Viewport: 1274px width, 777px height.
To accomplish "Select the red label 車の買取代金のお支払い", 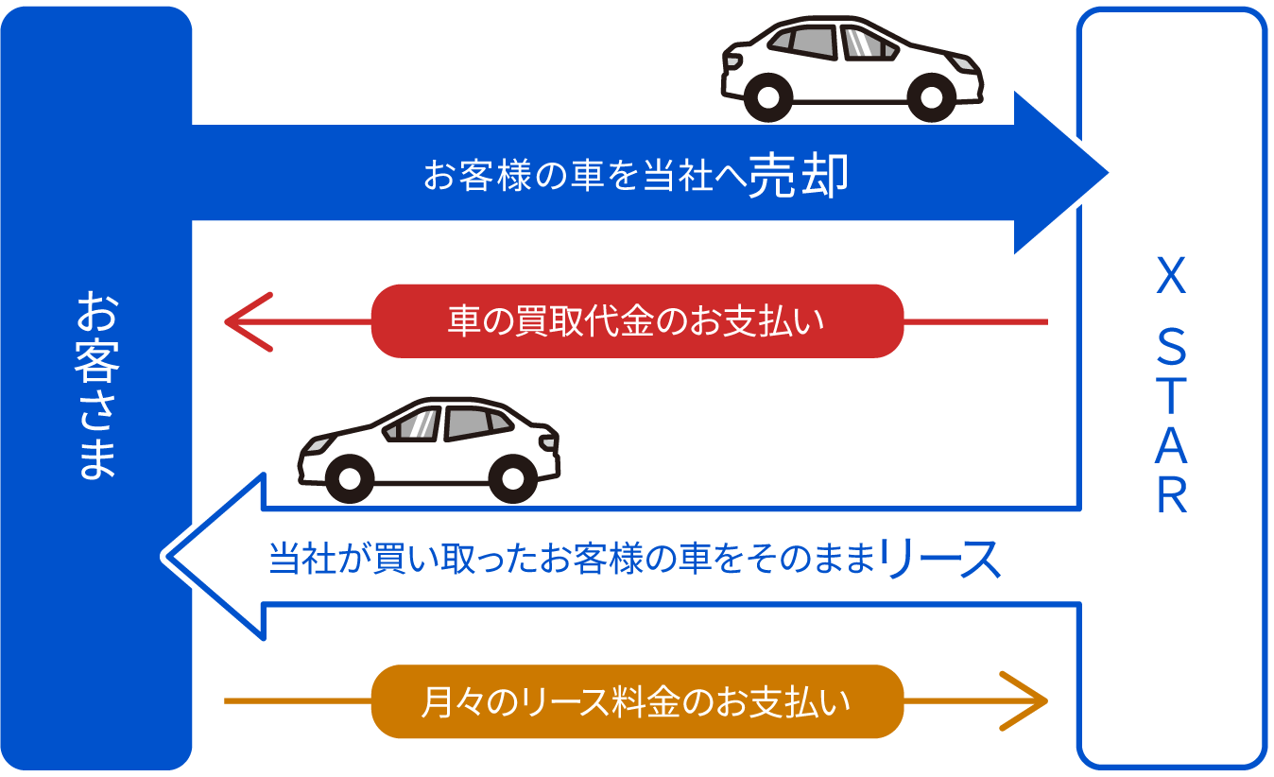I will (637, 321).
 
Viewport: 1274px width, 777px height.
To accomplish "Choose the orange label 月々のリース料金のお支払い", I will (637, 702).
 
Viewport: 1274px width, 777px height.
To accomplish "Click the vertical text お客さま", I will (96, 387).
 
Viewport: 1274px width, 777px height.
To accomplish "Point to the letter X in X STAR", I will (1171, 278).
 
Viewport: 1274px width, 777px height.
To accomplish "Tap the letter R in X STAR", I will (1171, 497).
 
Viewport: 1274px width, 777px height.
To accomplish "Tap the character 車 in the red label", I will (463, 321).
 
